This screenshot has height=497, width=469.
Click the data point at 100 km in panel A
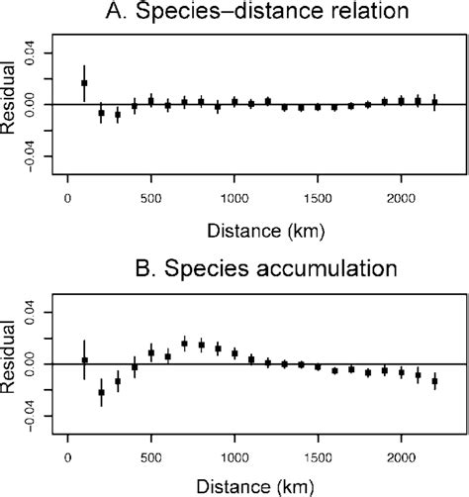(84, 83)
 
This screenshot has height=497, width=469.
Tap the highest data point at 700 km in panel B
(185, 344)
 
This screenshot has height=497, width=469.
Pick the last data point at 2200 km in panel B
(434, 381)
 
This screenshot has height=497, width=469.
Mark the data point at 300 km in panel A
(118, 115)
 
